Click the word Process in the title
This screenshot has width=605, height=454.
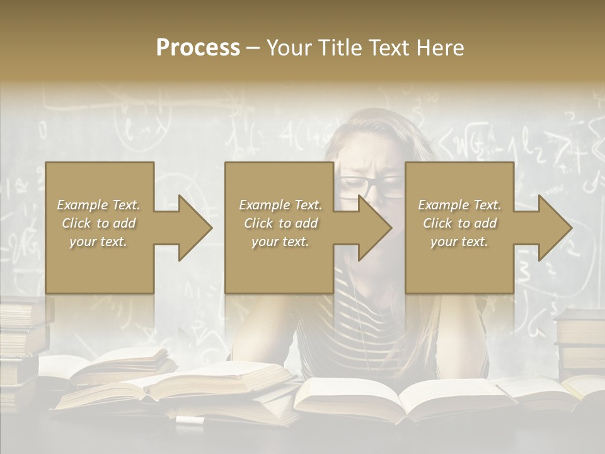pyautogui.click(x=198, y=48)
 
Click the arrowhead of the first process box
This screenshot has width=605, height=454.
pyautogui.click(x=194, y=228)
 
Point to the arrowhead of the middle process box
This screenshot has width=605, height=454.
pyautogui.click(x=374, y=228)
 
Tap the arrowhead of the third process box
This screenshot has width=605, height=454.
pyautogui.click(x=555, y=228)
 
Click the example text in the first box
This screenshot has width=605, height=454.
pyautogui.click(x=99, y=223)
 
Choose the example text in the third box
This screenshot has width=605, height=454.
pyautogui.click(x=459, y=223)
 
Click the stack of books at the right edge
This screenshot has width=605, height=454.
pyautogui.click(x=580, y=340)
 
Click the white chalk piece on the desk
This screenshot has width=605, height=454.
pyautogui.click(x=187, y=419)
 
